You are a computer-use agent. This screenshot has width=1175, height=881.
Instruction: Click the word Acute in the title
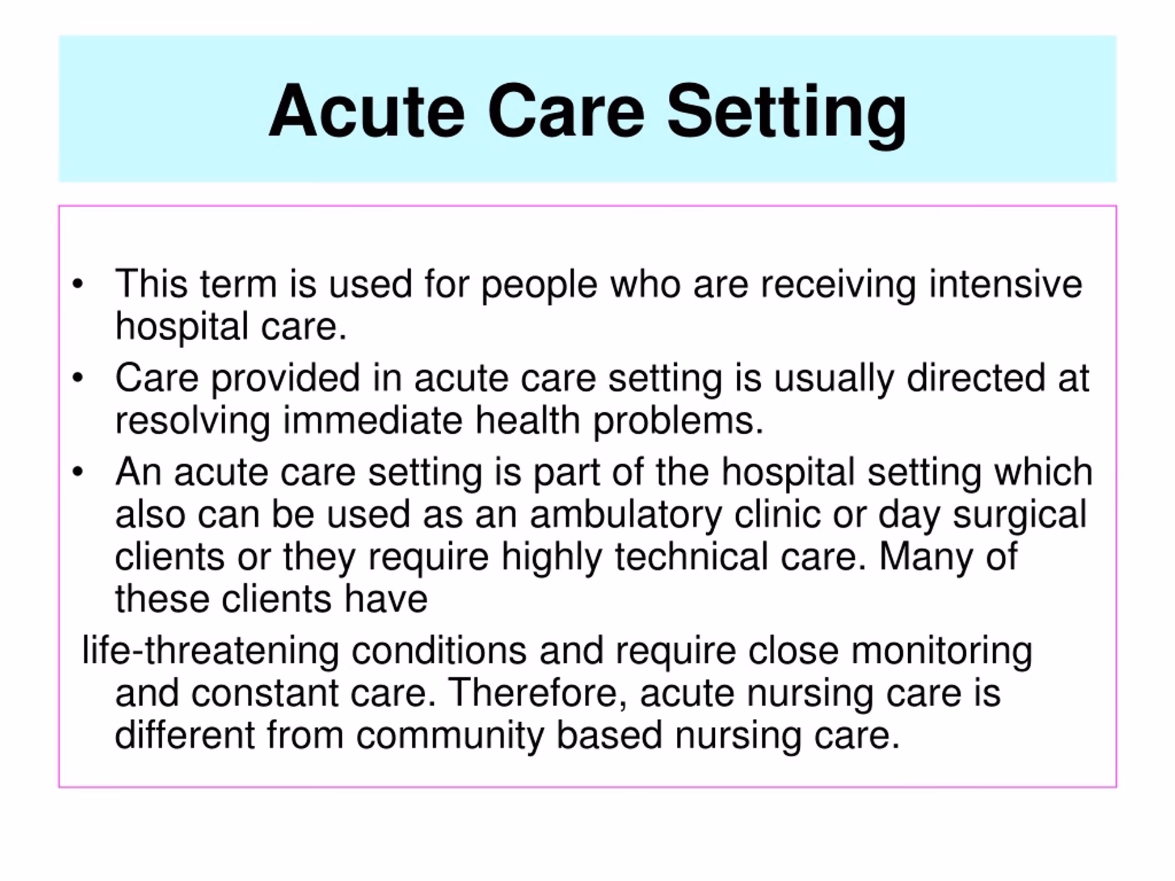(367, 111)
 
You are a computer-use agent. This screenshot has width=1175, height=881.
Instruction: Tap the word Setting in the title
(786, 113)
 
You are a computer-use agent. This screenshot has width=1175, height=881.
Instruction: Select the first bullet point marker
(77, 284)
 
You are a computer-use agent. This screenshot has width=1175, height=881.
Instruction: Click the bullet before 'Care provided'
(77, 378)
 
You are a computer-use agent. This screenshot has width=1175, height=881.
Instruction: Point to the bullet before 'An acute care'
(77, 472)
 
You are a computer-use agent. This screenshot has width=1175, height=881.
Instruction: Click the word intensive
(1005, 284)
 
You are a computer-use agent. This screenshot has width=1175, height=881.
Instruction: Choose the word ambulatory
(625, 515)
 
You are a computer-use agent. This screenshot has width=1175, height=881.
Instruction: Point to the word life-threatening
(210, 650)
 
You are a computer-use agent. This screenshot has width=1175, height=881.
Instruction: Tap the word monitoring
(941, 650)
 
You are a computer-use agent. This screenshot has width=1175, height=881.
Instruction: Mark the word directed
(975, 378)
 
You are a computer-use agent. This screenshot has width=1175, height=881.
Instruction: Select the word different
(184, 735)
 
